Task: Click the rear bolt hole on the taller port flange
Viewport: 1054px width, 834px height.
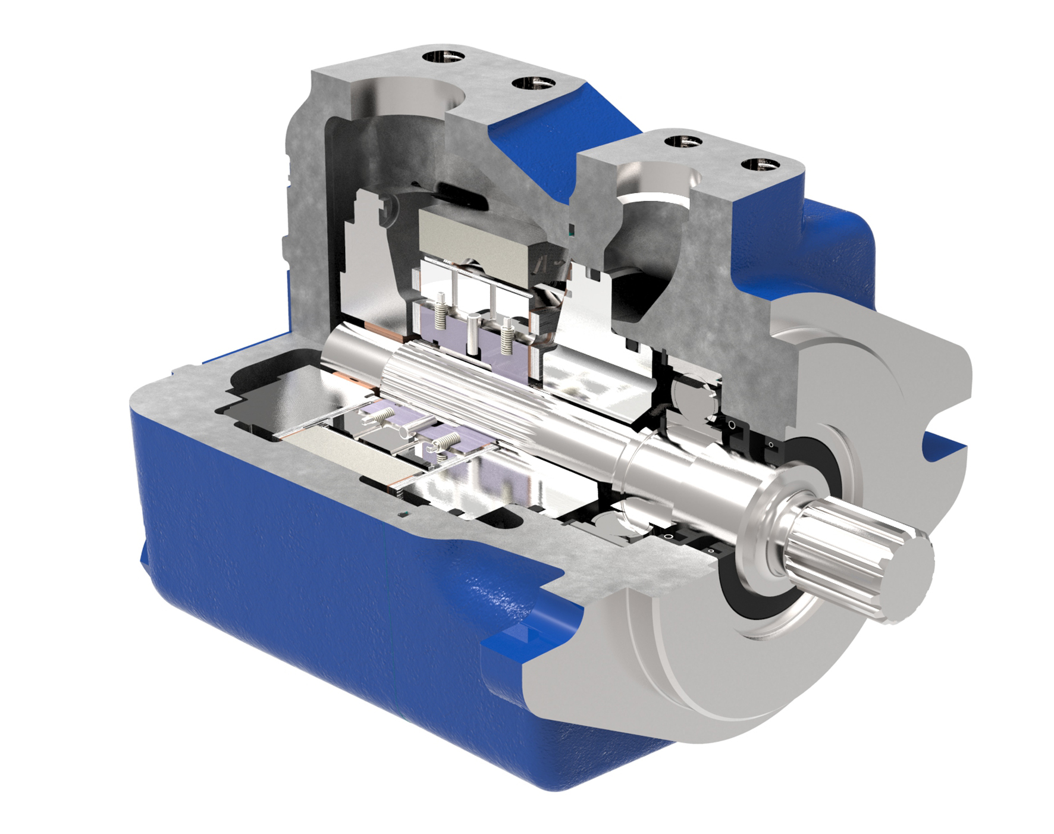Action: [x=444, y=58]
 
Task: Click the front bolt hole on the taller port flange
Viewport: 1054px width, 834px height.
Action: [x=534, y=83]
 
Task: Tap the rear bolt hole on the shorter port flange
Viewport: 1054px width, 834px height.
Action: [x=683, y=142]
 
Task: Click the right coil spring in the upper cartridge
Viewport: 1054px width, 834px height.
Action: [x=507, y=337]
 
